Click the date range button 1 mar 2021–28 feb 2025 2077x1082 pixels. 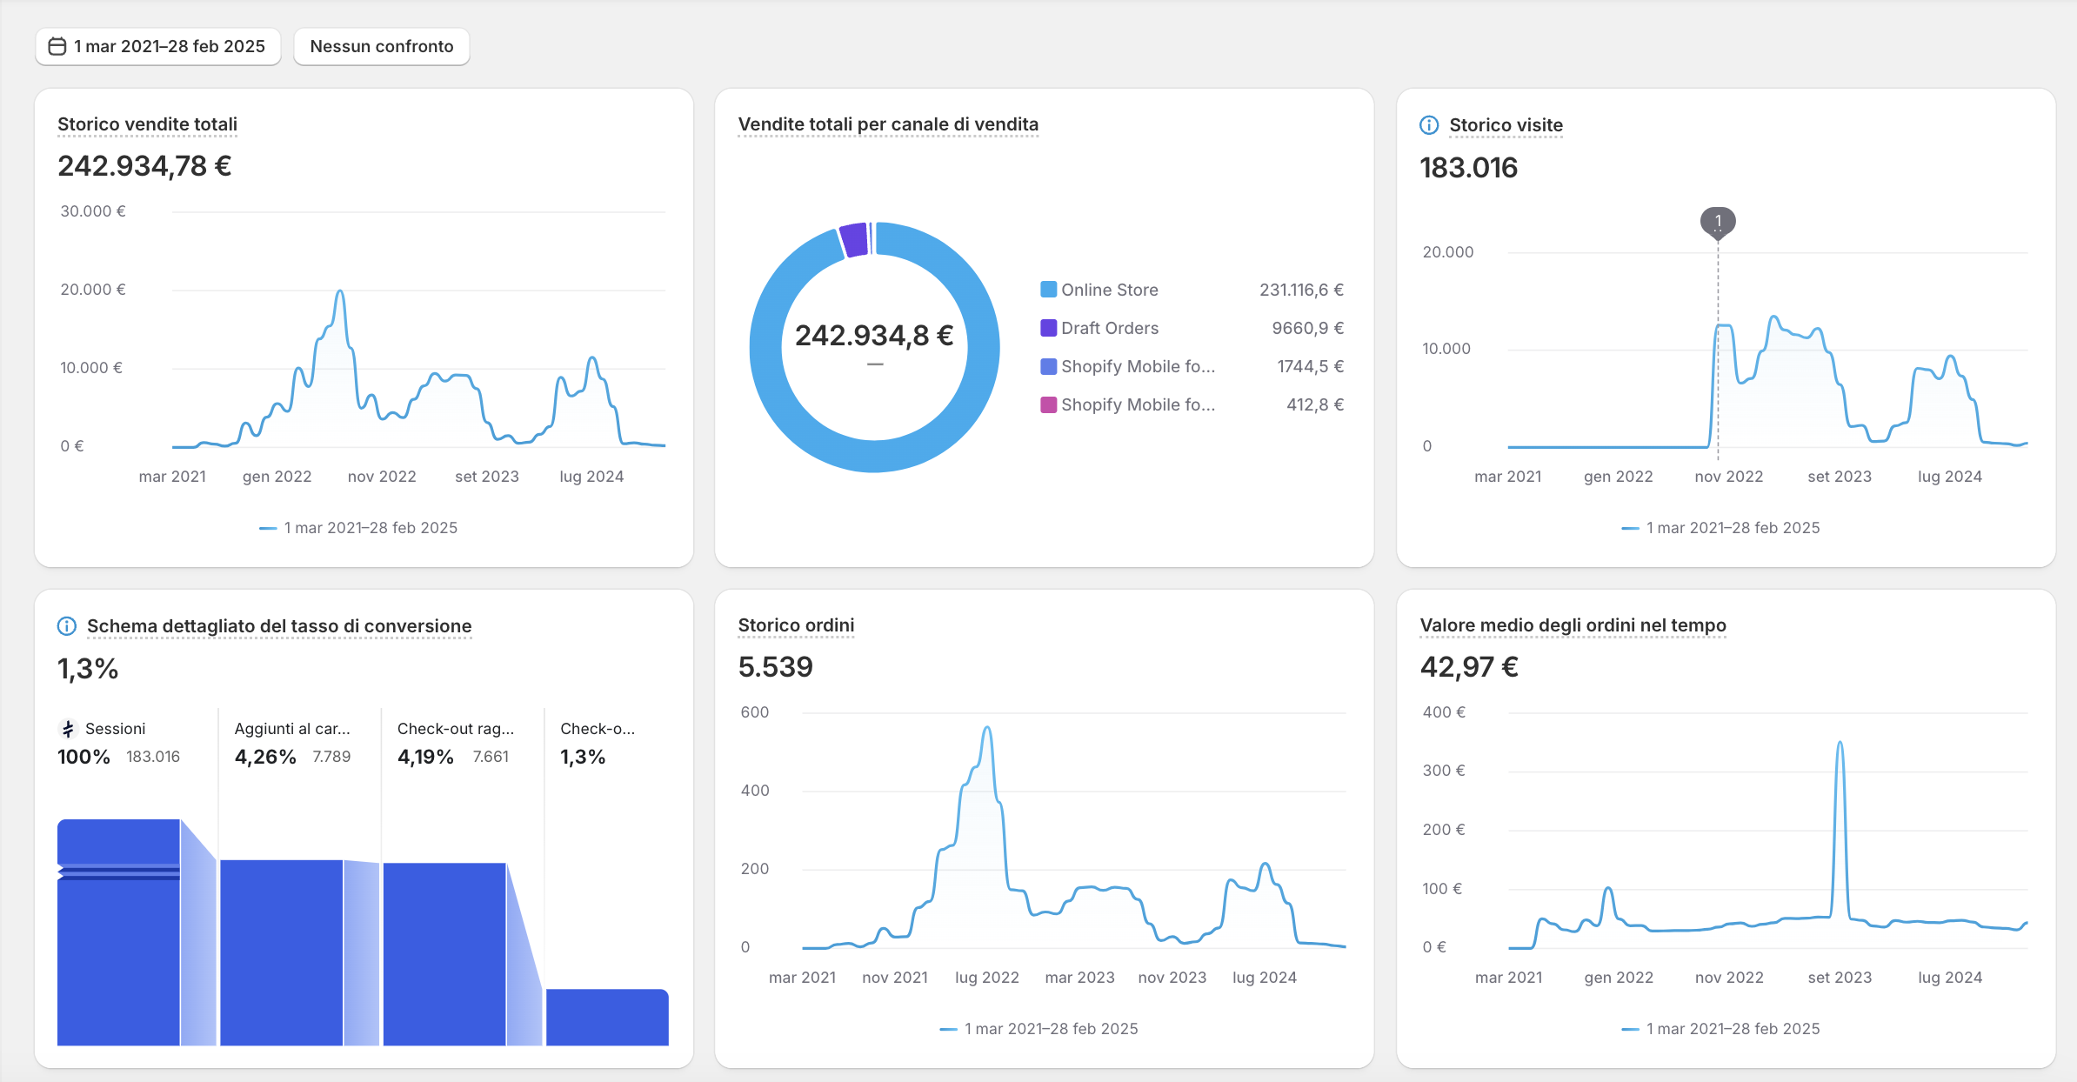[157, 46]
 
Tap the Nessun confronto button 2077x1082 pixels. [382, 46]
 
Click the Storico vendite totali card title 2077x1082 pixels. [147, 124]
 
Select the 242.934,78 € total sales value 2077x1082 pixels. [144, 165]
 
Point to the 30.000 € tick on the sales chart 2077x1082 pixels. [93, 211]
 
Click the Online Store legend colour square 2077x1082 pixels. [1049, 290]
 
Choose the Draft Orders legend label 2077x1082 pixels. [1110, 328]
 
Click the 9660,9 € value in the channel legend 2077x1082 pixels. [1308, 328]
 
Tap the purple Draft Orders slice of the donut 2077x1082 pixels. [854, 240]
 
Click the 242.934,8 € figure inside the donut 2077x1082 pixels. [874, 335]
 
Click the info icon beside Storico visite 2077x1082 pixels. [1429, 125]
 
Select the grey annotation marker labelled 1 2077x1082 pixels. [1718, 222]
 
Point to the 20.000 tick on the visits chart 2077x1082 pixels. [1448, 252]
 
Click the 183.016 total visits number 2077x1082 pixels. [1469, 167]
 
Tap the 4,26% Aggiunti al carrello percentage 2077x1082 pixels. [265, 757]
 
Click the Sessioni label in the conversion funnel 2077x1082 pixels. [115, 729]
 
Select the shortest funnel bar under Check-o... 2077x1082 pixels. [607, 1017]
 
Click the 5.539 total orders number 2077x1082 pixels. [776, 667]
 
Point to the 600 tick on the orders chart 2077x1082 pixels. [755, 712]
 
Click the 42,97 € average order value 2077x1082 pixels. [1469, 667]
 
